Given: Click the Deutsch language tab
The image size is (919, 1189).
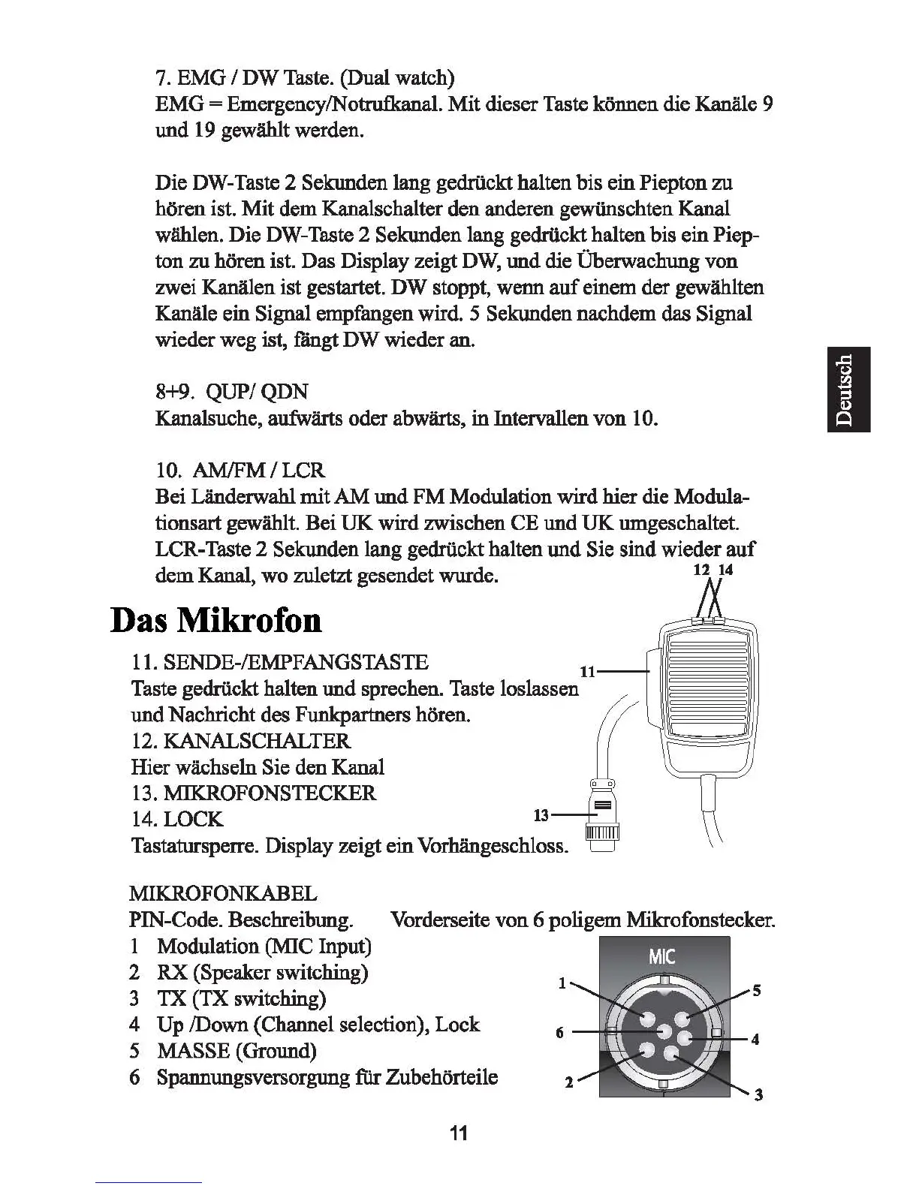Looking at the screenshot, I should click(848, 390).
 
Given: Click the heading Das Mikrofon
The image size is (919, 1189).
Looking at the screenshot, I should click(216, 620).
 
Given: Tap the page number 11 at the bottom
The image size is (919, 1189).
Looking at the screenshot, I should click(459, 1133).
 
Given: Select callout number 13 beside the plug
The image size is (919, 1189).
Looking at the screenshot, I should click(541, 814).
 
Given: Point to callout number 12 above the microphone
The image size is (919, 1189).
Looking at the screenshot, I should click(701, 570).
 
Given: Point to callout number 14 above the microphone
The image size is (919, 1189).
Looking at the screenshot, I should click(725, 570).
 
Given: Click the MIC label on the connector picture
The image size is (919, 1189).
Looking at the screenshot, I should click(661, 957).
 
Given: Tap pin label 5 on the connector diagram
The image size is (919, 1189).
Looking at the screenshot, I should click(757, 991).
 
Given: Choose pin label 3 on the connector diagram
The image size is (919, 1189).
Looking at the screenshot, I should click(758, 1094).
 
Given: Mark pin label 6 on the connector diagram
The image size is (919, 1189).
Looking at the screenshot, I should click(559, 1033).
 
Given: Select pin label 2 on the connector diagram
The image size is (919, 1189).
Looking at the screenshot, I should click(568, 1082).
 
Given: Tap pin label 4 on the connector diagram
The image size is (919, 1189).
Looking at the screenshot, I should click(755, 1040).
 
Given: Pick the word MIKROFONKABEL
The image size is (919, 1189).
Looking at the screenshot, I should click(224, 893).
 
